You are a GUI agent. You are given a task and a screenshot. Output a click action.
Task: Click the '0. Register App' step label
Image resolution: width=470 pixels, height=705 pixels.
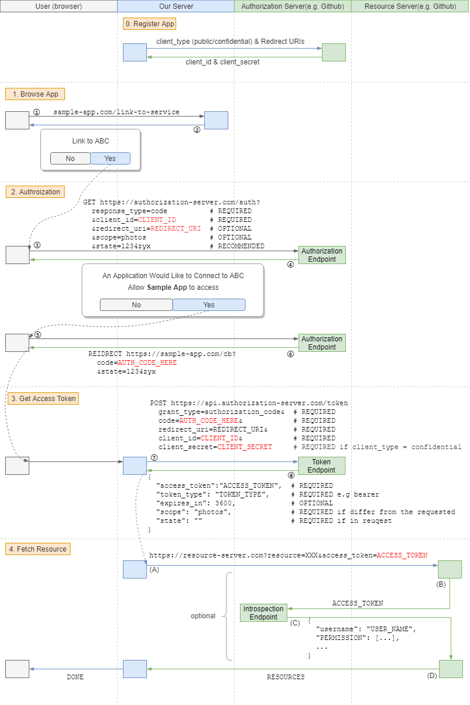[x=149, y=24]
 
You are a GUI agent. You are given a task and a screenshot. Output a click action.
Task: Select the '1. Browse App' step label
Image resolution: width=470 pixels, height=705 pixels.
[x=35, y=94]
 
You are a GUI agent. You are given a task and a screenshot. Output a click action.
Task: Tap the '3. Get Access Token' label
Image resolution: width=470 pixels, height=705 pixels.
[x=43, y=398]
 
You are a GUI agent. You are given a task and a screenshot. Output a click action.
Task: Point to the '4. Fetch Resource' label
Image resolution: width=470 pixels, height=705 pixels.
[x=37, y=549]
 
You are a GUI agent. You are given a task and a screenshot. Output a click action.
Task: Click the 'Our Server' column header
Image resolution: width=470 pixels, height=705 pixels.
[x=176, y=6]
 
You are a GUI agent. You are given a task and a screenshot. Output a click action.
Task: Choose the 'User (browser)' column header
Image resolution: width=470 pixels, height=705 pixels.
[x=59, y=6]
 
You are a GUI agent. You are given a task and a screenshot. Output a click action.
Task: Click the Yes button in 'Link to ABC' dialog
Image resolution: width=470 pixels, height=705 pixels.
[x=111, y=158]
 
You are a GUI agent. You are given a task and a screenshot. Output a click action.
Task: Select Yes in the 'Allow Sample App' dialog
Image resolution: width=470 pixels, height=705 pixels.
[x=209, y=304]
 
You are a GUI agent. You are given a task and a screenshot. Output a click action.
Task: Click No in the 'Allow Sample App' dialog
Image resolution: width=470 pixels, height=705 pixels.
[x=136, y=304]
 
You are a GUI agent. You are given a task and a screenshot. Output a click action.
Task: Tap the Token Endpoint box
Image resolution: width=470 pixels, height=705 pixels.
[x=321, y=466]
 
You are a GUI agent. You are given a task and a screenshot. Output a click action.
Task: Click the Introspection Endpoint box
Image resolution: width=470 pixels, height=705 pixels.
[x=263, y=612]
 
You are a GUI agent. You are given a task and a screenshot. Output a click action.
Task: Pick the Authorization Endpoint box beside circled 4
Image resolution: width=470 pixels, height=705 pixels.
[x=322, y=255]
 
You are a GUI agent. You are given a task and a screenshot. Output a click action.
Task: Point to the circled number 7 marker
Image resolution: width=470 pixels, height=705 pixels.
[x=154, y=458]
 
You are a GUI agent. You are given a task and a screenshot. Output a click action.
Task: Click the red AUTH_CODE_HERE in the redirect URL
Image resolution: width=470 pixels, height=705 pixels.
[x=147, y=362]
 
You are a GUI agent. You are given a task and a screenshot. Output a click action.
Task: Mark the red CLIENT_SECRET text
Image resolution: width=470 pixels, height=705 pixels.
[x=245, y=447]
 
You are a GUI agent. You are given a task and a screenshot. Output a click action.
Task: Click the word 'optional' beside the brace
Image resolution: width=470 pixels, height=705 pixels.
[x=203, y=616]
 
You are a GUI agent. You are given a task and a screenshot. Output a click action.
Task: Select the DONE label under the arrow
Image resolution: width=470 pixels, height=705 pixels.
[x=75, y=677]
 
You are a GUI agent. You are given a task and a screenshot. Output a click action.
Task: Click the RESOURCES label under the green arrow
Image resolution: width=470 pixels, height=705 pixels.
[x=286, y=677]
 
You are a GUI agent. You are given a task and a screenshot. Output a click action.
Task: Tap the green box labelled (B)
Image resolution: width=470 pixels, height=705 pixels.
[x=450, y=569]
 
